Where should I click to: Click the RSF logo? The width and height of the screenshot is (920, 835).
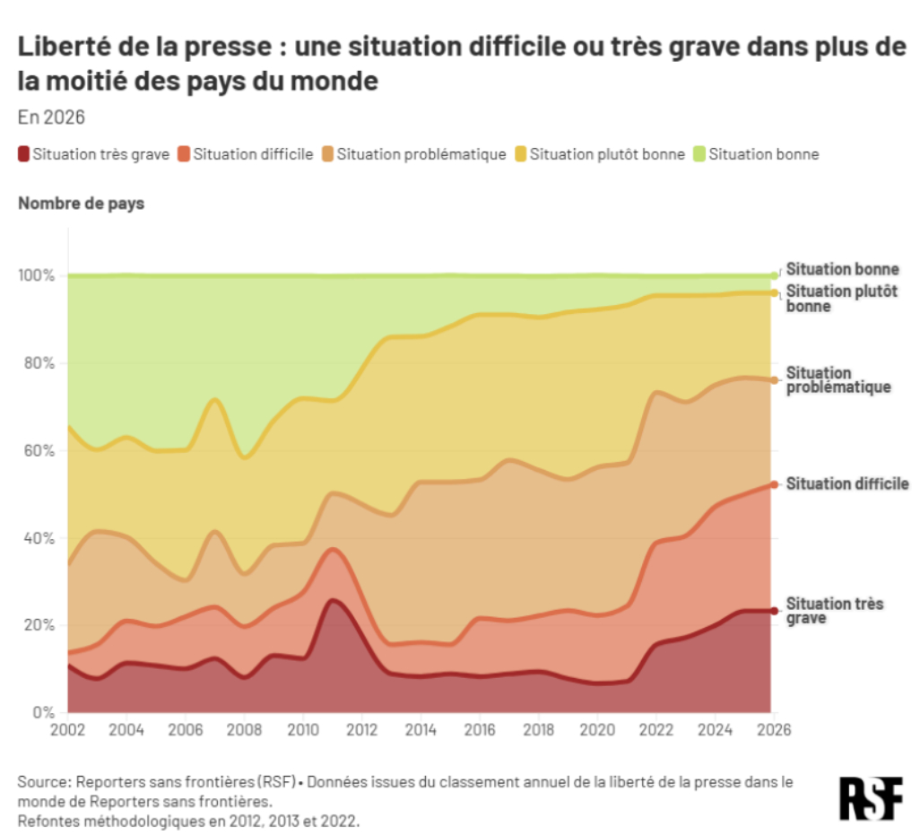click(x=870, y=797)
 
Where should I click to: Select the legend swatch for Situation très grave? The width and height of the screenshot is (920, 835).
click(x=24, y=154)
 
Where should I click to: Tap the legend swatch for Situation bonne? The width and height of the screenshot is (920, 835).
click(x=700, y=154)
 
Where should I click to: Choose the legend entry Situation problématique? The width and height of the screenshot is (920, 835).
click(x=421, y=154)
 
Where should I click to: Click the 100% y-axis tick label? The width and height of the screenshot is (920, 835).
click(x=37, y=275)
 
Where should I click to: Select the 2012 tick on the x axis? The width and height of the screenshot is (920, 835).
click(x=360, y=729)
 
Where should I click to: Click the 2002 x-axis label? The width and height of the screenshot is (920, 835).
click(x=69, y=729)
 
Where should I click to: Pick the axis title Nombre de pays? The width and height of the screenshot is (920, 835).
click(x=81, y=204)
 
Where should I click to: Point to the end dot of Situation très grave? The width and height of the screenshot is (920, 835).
click(x=774, y=611)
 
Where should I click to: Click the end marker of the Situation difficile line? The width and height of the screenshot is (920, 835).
click(x=774, y=484)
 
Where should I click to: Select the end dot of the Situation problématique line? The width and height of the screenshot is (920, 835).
click(x=774, y=380)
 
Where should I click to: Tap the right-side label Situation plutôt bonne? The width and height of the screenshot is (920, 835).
click(x=841, y=299)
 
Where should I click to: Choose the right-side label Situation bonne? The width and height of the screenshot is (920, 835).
click(x=842, y=269)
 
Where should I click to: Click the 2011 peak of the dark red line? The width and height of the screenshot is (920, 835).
click(x=333, y=601)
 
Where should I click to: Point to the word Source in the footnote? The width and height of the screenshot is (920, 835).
click(x=40, y=782)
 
